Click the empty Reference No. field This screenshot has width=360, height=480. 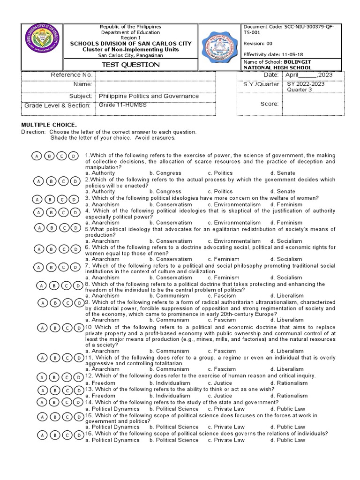click(166, 75)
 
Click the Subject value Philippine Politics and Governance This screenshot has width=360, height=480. click(149, 96)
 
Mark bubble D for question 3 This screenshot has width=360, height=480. click(75, 199)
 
